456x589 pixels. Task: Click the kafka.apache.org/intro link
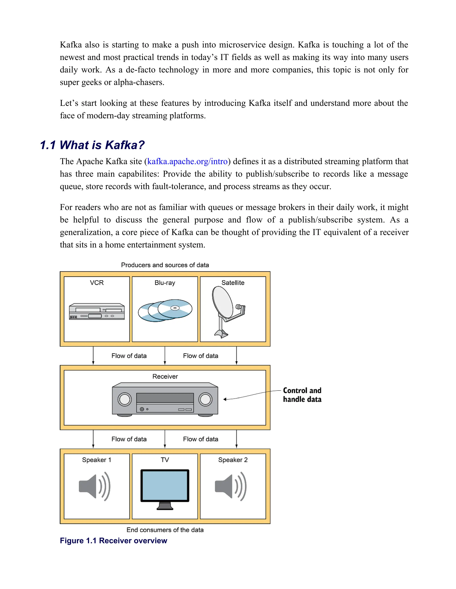click(x=187, y=161)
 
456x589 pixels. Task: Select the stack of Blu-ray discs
click(x=165, y=310)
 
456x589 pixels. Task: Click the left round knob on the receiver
click(x=124, y=399)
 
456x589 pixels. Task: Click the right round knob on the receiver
click(x=205, y=399)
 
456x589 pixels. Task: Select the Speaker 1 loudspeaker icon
click(x=94, y=486)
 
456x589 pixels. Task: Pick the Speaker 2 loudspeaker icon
click(x=230, y=486)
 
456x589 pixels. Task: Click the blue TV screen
click(x=165, y=485)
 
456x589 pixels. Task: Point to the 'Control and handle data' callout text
click(x=302, y=395)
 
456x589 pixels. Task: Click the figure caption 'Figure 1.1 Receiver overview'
click(x=114, y=541)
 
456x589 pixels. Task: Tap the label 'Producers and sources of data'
click(x=165, y=265)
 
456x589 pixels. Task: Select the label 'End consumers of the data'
click(x=165, y=530)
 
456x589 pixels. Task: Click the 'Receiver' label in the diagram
click(x=165, y=377)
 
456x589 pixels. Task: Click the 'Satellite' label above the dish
click(x=233, y=283)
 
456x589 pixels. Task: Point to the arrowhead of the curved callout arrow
click(x=225, y=399)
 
